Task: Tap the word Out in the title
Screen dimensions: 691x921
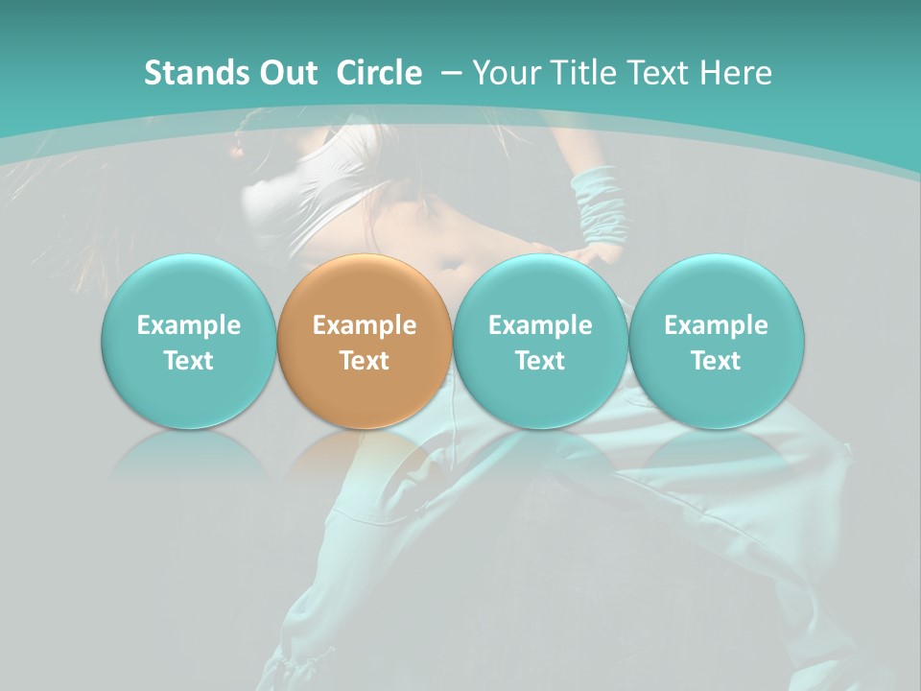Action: (x=285, y=73)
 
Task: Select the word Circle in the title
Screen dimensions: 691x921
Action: (x=379, y=73)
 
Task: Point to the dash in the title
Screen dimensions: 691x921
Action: (x=452, y=73)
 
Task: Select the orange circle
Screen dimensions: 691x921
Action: (x=365, y=342)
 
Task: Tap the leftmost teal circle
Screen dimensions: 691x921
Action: (x=189, y=342)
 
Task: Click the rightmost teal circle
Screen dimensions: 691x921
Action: (x=717, y=342)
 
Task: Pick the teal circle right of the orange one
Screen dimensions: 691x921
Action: (x=540, y=342)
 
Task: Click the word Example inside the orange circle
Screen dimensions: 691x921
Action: (x=365, y=325)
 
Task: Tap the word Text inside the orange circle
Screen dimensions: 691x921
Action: (x=365, y=361)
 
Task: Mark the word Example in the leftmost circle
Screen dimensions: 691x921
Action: (x=189, y=325)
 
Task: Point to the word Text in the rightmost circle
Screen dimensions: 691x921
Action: (x=717, y=361)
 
